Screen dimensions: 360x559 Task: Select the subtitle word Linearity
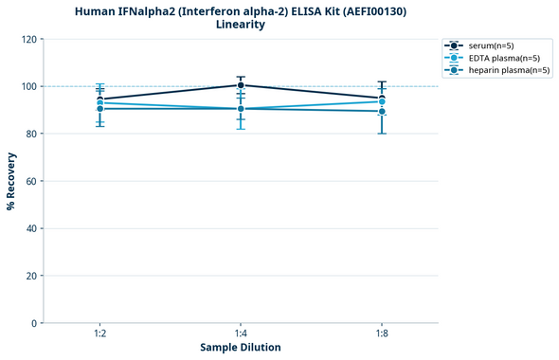[x=241, y=25]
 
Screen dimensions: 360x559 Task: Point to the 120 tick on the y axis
[x=27, y=39]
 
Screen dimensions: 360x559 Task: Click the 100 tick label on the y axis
[x=27, y=86]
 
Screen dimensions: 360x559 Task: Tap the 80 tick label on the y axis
[x=30, y=134]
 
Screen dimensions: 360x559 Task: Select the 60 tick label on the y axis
[x=30, y=181]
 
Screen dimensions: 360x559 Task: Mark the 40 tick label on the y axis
[x=30, y=228]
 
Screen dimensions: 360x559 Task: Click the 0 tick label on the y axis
[x=33, y=323]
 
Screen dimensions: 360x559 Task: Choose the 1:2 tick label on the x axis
[x=99, y=334]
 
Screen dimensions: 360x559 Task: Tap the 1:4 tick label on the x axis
[x=241, y=334]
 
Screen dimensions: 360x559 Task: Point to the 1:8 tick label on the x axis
[x=382, y=334]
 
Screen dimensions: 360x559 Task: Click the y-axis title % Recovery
[x=11, y=181]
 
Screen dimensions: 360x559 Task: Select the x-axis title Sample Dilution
[x=241, y=348]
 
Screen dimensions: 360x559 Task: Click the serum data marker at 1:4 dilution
[x=241, y=85]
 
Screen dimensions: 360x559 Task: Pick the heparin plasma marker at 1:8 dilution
[x=382, y=111]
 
